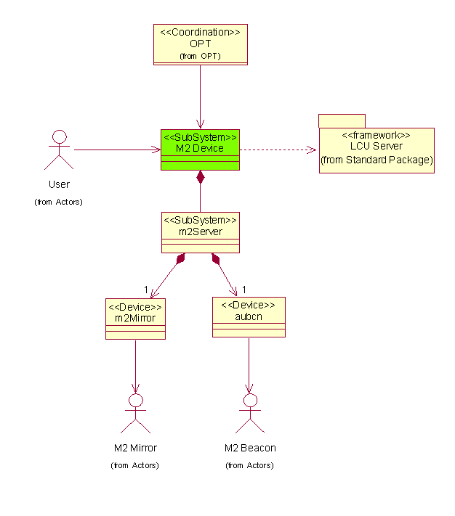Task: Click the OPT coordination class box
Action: coord(200,44)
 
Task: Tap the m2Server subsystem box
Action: coord(200,232)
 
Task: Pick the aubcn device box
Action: coord(249,316)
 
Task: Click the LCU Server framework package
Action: coord(376,150)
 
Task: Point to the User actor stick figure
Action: coord(59,149)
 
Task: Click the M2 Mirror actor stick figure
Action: coord(135,413)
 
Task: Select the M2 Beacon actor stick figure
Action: coord(250,413)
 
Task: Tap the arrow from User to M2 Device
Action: coord(116,150)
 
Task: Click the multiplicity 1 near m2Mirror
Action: coord(145,290)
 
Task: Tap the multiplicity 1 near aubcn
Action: coord(244,290)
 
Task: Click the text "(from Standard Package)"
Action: coord(377,160)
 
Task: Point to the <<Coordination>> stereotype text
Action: coord(200,32)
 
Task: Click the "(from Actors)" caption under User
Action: coord(59,202)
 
